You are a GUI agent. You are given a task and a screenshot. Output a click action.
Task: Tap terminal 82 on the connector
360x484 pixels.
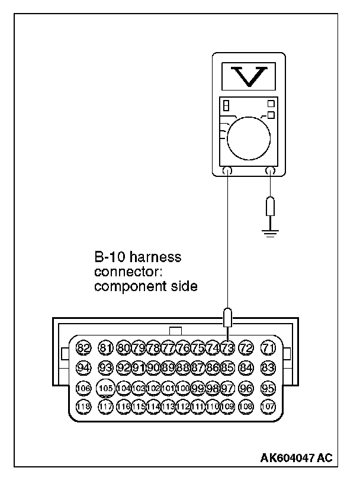coord(84,348)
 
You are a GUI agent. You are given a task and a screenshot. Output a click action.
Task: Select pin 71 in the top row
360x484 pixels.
coord(268,348)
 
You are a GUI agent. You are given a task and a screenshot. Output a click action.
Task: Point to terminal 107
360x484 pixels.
coord(268,407)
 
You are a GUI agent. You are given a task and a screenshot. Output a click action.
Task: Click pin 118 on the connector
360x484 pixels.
coord(84,407)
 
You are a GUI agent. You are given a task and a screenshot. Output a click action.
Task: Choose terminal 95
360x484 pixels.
coord(268,388)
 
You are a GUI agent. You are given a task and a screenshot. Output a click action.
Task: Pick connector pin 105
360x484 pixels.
coord(106,388)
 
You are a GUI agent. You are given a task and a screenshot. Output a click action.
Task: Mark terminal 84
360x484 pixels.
coord(246,368)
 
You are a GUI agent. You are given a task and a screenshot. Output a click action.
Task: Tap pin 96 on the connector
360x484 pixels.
coord(246,388)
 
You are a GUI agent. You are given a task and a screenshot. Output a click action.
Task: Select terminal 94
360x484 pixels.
coord(84,368)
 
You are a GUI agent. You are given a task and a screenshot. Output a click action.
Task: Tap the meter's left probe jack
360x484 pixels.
coord(227,171)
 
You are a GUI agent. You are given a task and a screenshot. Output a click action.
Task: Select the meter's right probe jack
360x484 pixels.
coord(271,171)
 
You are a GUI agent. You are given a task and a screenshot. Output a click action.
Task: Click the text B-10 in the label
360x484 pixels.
coord(111,258)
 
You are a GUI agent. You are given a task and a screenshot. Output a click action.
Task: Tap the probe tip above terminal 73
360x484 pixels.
coord(227,317)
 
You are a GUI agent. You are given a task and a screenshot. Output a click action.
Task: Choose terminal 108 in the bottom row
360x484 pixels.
coord(246,407)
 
